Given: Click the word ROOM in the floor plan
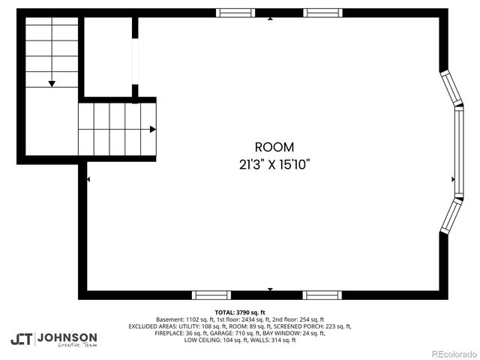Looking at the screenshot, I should pyautogui.click(x=274, y=148).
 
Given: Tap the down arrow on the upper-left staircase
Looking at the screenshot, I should pyautogui.click(x=52, y=83).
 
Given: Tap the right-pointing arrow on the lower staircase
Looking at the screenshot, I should pyautogui.click(x=153, y=129).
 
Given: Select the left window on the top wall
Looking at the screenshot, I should pyautogui.click(x=235, y=13).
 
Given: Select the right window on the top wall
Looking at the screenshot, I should pyautogui.click(x=322, y=13).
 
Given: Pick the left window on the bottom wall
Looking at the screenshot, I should pyautogui.click(x=212, y=295).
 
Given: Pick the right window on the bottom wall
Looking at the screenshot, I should pyautogui.click(x=322, y=295).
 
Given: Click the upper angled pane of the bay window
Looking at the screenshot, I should pyautogui.click(x=449, y=88).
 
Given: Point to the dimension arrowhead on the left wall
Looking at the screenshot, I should pyautogui.click(x=89, y=179).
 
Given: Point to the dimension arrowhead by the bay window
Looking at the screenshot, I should pyautogui.click(x=452, y=179).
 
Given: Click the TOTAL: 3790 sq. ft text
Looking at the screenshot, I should pyautogui.click(x=240, y=312).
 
